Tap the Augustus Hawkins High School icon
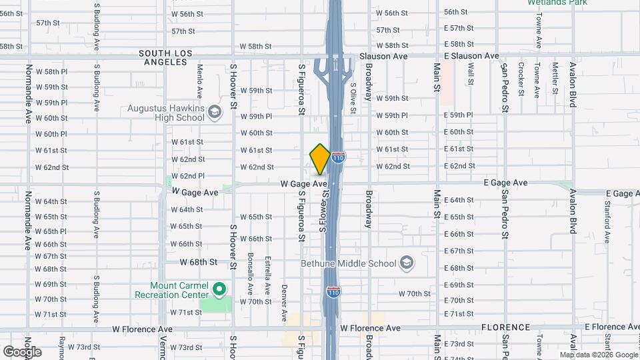point(215,112)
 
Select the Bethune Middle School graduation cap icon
point(406,263)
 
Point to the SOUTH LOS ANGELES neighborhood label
point(165,57)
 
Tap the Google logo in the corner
point(22,351)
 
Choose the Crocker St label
point(521,79)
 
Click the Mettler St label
point(555,78)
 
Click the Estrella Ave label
point(267,274)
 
